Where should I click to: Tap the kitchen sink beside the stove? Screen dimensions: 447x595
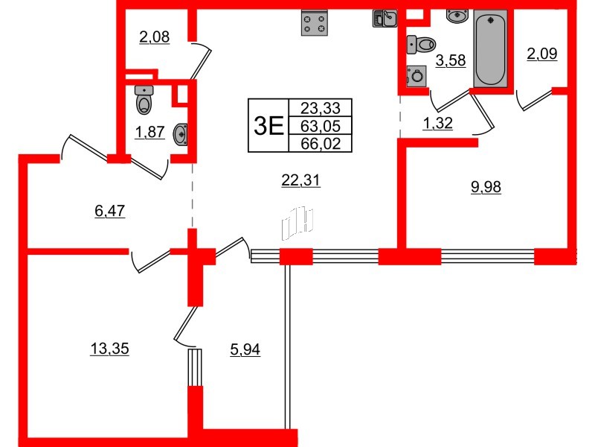click(385, 18)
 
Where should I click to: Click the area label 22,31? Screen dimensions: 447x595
click(301, 180)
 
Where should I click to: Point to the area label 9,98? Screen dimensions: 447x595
click(486, 188)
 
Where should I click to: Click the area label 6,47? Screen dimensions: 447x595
click(109, 212)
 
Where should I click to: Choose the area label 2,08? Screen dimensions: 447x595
click(154, 37)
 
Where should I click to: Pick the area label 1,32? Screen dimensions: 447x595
click(438, 124)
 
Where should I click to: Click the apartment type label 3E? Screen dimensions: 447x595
click(268, 125)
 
